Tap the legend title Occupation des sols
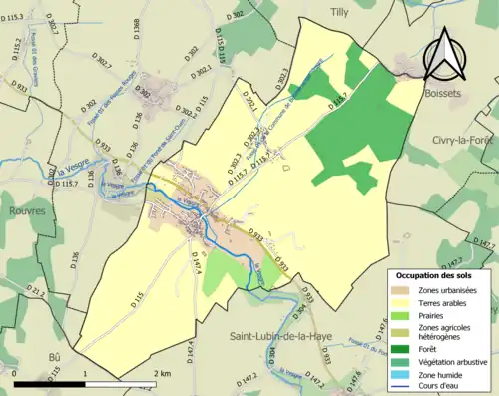point(438,274)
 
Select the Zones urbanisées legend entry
point(447,289)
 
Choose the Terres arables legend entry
point(444,302)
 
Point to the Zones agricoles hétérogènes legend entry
point(444,333)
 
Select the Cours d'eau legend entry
point(441,388)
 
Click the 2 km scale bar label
point(164,373)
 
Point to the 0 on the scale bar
point(16,373)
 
